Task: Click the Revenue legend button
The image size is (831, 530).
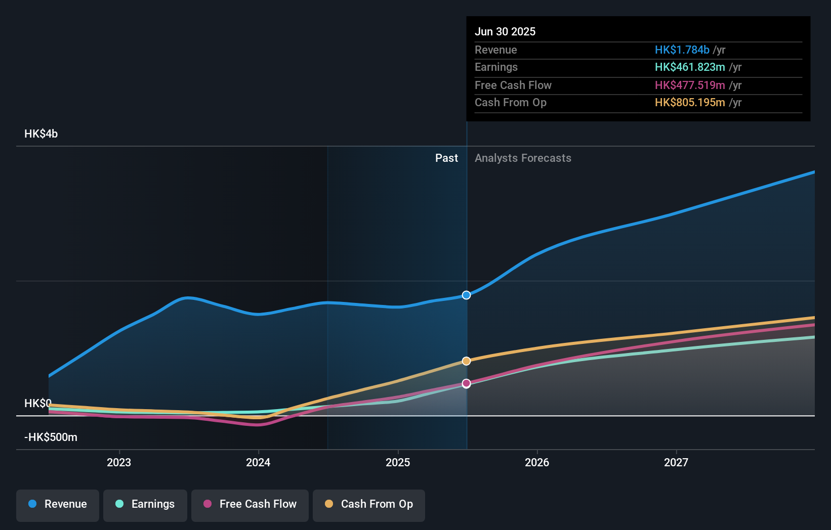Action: click(58, 504)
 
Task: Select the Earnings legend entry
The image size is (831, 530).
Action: click(145, 504)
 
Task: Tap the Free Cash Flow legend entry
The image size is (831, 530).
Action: click(250, 504)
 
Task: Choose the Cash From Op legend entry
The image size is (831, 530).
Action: click(369, 504)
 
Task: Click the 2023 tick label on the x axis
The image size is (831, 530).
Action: click(119, 462)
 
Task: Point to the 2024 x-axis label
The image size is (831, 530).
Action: click(258, 462)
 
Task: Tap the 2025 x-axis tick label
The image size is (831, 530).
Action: click(398, 462)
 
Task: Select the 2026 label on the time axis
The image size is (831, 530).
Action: click(537, 462)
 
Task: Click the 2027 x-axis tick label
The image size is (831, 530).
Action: click(676, 462)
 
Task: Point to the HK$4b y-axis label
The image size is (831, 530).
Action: click(41, 134)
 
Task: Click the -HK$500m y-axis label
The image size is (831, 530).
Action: click(51, 437)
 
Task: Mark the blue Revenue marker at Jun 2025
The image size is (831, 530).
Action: click(467, 295)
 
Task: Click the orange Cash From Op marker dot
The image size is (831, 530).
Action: click(467, 361)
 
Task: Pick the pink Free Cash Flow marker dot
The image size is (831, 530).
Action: click(467, 383)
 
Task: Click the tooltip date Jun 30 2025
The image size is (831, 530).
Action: click(505, 31)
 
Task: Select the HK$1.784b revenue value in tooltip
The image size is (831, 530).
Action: click(682, 50)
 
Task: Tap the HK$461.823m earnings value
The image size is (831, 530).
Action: click(690, 67)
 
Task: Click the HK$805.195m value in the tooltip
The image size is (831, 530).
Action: click(690, 103)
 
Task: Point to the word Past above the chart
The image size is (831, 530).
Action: click(446, 158)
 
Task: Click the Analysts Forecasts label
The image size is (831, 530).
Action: click(523, 158)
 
